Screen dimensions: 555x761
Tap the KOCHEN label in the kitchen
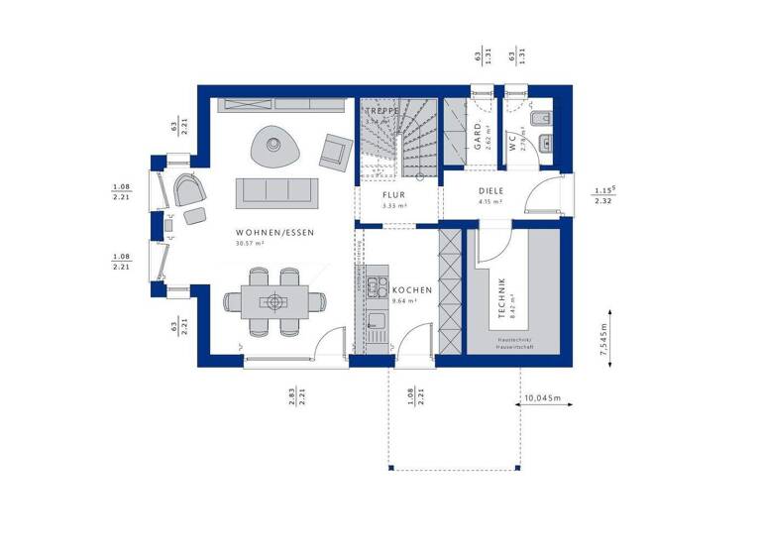[411, 289]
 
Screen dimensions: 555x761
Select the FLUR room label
[394, 194]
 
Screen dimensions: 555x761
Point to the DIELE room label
[491, 191]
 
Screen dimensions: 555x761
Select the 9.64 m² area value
[406, 301]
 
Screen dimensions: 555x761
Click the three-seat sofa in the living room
[275, 190]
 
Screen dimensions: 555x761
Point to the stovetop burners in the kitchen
[377, 287]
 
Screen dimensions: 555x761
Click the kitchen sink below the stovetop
[376, 320]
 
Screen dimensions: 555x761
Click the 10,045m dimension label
[541, 398]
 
